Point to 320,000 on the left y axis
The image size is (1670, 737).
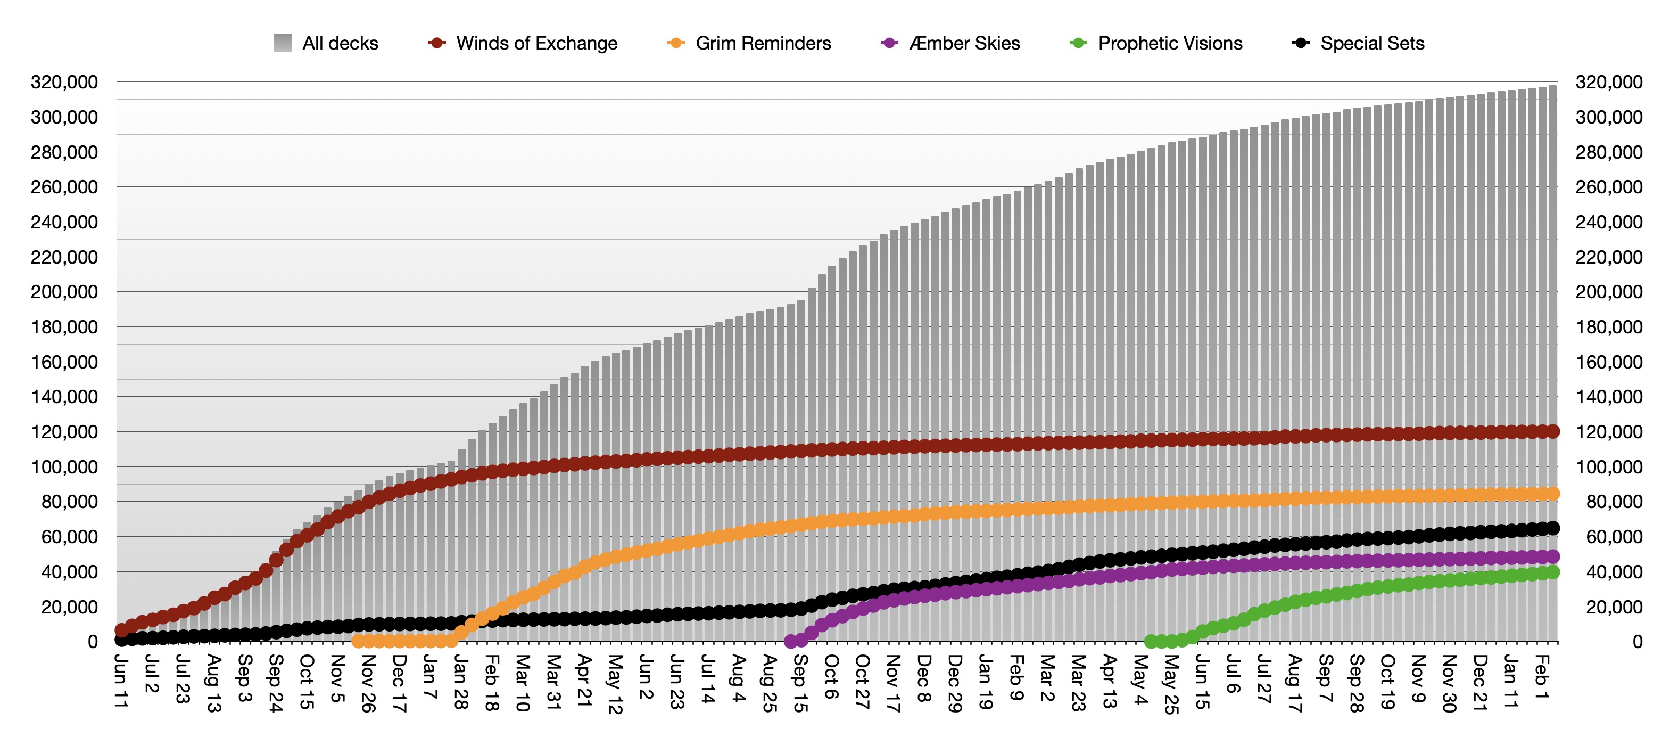click(x=64, y=83)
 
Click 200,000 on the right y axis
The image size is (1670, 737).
click(x=1609, y=292)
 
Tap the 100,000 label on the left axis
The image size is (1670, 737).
click(x=64, y=467)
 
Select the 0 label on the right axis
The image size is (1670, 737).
click(x=1637, y=642)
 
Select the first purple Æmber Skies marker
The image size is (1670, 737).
click(x=790, y=642)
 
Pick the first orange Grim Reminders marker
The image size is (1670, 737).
click(x=358, y=642)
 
